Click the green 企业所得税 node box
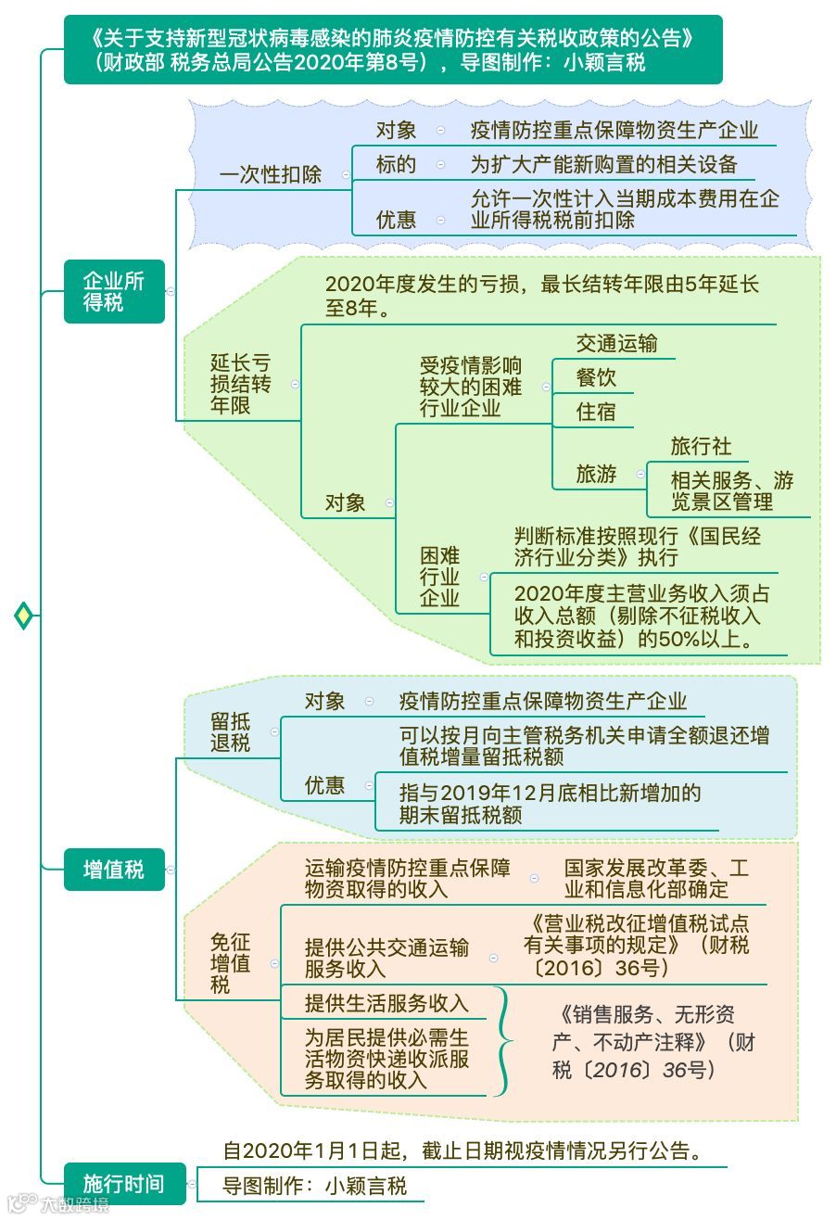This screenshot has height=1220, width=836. click(x=114, y=291)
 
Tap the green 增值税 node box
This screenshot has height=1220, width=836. click(x=114, y=870)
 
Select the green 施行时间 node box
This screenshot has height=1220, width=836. click(x=124, y=1184)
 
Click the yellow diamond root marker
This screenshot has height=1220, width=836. click(x=23, y=615)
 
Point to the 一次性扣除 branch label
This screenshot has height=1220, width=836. click(x=270, y=174)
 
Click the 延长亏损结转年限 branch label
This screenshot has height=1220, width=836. click(x=240, y=384)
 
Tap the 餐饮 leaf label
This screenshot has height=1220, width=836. click(x=596, y=377)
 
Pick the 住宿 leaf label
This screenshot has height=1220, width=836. click(x=596, y=412)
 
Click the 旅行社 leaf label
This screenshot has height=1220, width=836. click(x=701, y=446)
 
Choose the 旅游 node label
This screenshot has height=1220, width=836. click(x=596, y=474)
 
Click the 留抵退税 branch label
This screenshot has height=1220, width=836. click(x=230, y=732)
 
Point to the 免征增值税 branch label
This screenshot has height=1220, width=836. click(x=230, y=962)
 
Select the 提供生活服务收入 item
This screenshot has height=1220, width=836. click(x=386, y=1002)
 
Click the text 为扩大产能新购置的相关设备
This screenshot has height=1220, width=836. click(x=603, y=165)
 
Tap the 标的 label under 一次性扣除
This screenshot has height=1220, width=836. click(x=396, y=165)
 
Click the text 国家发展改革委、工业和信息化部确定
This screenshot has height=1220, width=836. click(x=656, y=879)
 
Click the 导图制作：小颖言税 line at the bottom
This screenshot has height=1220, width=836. click(x=315, y=1185)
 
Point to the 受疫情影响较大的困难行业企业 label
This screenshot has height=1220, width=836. click(x=471, y=386)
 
